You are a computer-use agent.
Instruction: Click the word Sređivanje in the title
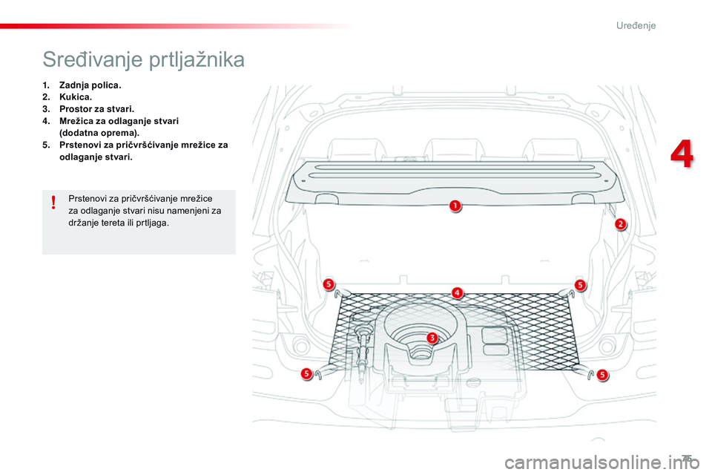tap(82, 59)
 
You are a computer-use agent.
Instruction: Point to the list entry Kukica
tap(76, 97)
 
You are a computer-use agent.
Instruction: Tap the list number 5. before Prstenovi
tap(47, 145)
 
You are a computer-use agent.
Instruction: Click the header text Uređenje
tap(636, 26)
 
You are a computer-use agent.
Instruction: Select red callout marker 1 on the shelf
tap(454, 205)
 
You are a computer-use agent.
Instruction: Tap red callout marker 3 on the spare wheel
tap(432, 338)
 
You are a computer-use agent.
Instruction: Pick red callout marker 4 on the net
tap(458, 292)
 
